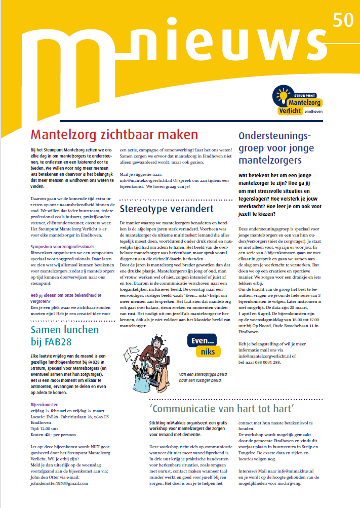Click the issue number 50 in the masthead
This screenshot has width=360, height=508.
click(x=343, y=21)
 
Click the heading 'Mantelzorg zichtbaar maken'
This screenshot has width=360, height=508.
click(x=114, y=135)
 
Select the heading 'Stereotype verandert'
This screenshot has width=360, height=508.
click(x=167, y=209)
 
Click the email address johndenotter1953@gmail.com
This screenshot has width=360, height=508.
click(x=60, y=483)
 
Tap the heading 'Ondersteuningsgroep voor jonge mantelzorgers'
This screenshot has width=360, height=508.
click(x=276, y=148)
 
